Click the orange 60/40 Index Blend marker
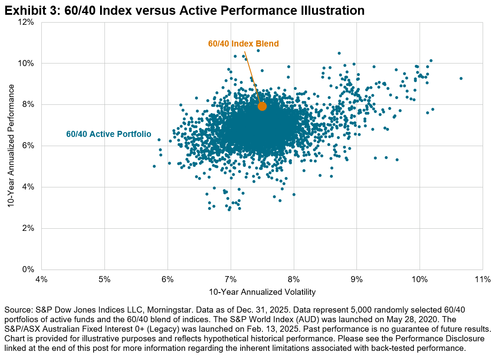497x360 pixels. pyautogui.click(x=262, y=107)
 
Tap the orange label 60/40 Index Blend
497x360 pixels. pyautogui.click(x=243, y=44)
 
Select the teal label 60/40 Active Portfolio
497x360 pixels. pyautogui.click(x=109, y=134)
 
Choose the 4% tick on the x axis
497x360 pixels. pyautogui.click(x=41, y=279)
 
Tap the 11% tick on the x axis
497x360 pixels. pyautogui.click(x=483, y=279)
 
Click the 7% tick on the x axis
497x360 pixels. pyautogui.click(x=231, y=279)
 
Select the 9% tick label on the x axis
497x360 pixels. pyautogui.click(x=356, y=279)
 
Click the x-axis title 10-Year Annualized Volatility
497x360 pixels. pyautogui.click(x=262, y=292)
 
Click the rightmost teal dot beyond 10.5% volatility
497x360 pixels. pyautogui.click(x=461, y=79)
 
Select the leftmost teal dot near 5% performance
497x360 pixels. pyautogui.click(x=154, y=166)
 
